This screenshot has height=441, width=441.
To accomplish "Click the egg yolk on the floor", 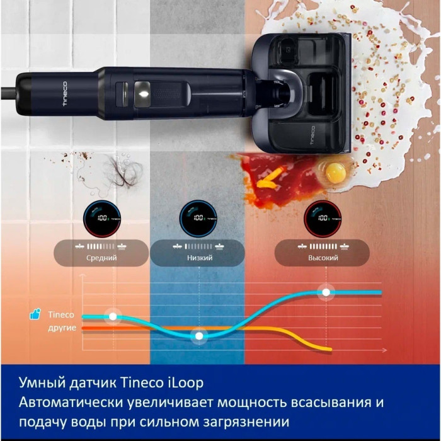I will [x=333, y=170].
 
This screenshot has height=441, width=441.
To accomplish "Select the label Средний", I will [x=101, y=258].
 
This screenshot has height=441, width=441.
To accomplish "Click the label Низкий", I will [x=199, y=258].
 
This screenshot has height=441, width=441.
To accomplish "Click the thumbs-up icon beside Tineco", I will [x=35, y=314].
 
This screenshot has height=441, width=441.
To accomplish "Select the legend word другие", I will [x=62, y=329].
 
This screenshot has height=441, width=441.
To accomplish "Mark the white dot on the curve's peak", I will [x=325, y=292].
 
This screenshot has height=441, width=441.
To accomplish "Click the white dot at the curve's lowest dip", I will [x=199, y=336].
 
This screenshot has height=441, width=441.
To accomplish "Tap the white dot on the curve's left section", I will [x=113, y=316].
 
